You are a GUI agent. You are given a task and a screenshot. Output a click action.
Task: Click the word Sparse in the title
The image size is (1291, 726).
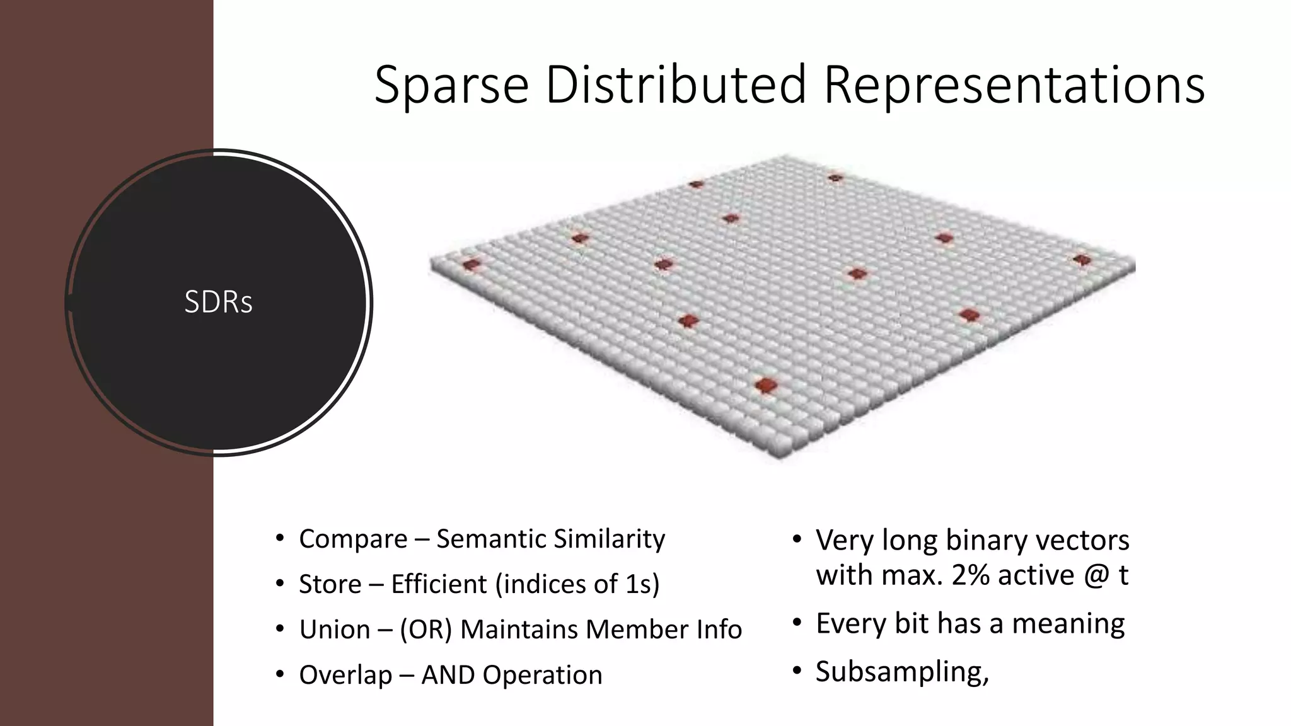(451, 85)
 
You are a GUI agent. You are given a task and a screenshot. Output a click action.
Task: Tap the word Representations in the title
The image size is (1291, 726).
(1014, 85)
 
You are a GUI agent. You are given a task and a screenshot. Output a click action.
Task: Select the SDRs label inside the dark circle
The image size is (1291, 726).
(218, 302)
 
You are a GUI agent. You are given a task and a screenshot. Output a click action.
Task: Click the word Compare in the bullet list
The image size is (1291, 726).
(353, 539)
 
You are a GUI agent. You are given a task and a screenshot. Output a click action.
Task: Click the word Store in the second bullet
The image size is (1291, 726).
(330, 584)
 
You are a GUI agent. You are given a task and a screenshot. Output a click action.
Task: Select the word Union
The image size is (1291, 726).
(334, 630)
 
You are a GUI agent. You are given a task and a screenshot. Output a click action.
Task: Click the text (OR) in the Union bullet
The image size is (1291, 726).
(426, 630)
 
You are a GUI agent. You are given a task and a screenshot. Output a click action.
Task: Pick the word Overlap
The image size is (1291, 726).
(345, 675)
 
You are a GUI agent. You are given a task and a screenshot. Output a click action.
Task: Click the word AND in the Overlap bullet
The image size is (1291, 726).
(448, 675)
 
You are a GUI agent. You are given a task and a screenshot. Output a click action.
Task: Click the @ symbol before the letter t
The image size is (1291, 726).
(1097, 575)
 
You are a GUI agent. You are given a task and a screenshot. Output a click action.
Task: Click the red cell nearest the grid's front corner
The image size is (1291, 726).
(765, 384)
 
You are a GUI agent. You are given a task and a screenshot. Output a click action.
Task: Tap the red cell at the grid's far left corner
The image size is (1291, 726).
(471, 265)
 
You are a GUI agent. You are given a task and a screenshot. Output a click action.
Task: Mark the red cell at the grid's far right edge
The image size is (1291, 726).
(1082, 260)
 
